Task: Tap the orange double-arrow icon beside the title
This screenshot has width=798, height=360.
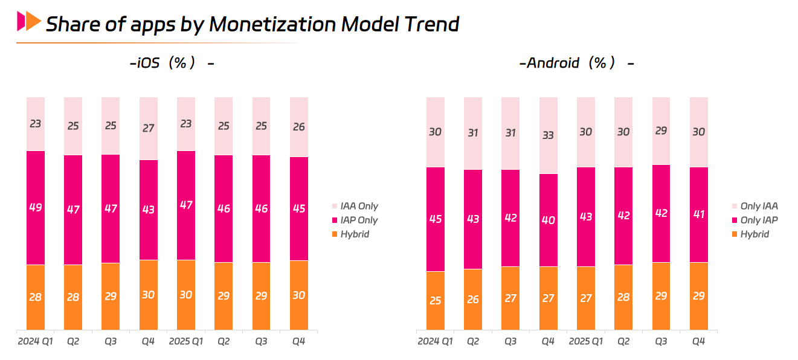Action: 29,22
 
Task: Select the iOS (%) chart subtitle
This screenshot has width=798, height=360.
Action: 172,63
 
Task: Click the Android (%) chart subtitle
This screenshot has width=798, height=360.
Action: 576,63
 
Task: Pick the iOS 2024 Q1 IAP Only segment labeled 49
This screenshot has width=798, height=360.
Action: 36,207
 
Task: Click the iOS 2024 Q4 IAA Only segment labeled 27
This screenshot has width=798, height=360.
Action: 149,128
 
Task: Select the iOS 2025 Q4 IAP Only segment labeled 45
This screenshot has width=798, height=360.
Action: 299,208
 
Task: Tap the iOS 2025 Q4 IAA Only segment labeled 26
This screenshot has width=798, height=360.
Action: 299,127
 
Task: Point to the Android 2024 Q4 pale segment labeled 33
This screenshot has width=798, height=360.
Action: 549,135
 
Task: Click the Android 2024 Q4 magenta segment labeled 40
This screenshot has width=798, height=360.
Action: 549,220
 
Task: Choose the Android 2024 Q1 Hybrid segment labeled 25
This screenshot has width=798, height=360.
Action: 436,301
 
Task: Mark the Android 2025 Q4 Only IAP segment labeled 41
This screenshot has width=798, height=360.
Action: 699,214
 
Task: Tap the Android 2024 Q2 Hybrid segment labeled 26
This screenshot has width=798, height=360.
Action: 473,300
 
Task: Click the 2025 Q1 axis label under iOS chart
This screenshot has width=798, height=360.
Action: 186,342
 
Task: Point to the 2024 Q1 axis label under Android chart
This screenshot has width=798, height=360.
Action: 435,342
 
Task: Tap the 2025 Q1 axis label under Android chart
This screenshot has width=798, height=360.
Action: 586,342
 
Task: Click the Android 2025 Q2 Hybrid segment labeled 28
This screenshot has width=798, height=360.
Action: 623,297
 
